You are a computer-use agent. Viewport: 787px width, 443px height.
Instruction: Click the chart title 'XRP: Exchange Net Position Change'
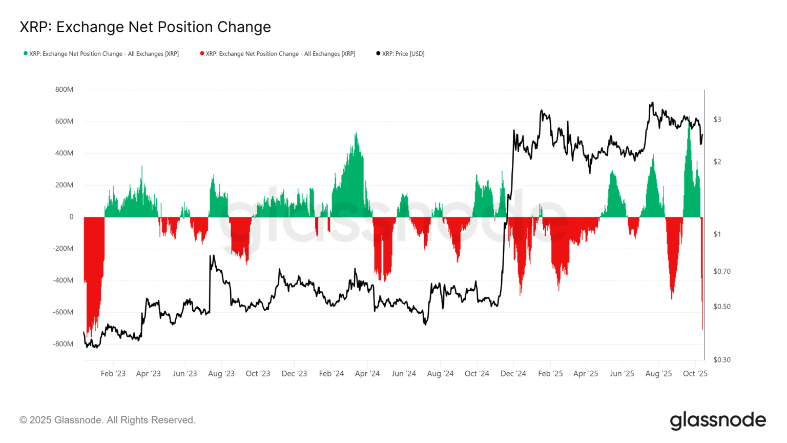tap(145, 27)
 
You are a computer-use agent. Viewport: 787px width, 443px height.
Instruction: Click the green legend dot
tap(26, 53)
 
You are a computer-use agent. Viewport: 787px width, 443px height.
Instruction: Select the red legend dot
tap(202, 53)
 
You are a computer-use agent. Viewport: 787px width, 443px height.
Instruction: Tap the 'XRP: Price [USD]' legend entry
tap(403, 54)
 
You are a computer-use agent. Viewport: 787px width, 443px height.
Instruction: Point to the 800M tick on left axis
tap(64, 90)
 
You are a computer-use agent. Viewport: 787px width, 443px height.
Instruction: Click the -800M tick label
tap(63, 344)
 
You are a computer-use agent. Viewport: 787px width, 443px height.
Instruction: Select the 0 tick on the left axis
tap(71, 217)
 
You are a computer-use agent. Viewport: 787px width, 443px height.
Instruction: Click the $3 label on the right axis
tap(717, 119)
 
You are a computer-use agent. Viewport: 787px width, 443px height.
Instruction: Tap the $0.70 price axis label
tap(722, 271)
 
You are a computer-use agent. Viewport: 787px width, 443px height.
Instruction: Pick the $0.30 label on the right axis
tap(722, 360)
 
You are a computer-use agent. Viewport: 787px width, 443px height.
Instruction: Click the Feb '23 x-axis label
tap(113, 374)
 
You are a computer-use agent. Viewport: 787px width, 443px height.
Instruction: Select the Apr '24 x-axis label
tap(367, 374)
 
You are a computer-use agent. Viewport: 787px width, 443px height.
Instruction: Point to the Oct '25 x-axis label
tap(695, 374)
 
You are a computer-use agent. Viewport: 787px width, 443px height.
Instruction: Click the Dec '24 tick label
tap(513, 374)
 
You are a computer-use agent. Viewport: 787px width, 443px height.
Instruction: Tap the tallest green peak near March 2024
tap(356, 134)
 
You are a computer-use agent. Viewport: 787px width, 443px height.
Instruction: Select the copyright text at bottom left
tap(108, 420)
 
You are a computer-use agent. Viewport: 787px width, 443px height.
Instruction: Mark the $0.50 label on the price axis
tap(722, 307)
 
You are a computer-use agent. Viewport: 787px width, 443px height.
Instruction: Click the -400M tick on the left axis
tap(63, 280)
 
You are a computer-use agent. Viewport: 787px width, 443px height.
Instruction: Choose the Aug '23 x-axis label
tap(221, 374)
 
